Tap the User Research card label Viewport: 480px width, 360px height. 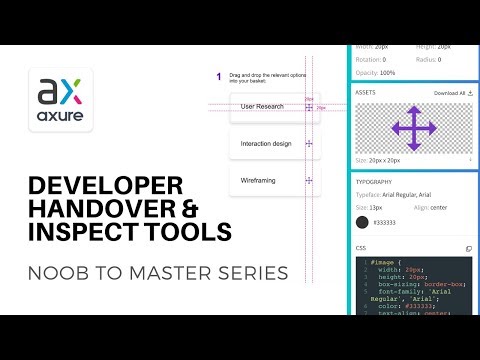point(264,106)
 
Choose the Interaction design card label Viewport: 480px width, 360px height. point(266,143)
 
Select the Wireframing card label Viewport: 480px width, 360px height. point(259,180)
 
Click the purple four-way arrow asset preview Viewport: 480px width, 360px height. point(413,127)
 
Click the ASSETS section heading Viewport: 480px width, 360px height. point(367,92)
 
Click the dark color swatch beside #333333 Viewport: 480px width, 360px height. point(363,222)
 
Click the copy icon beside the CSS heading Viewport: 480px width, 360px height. point(469,248)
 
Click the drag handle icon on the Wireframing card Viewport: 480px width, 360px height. point(309,181)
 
